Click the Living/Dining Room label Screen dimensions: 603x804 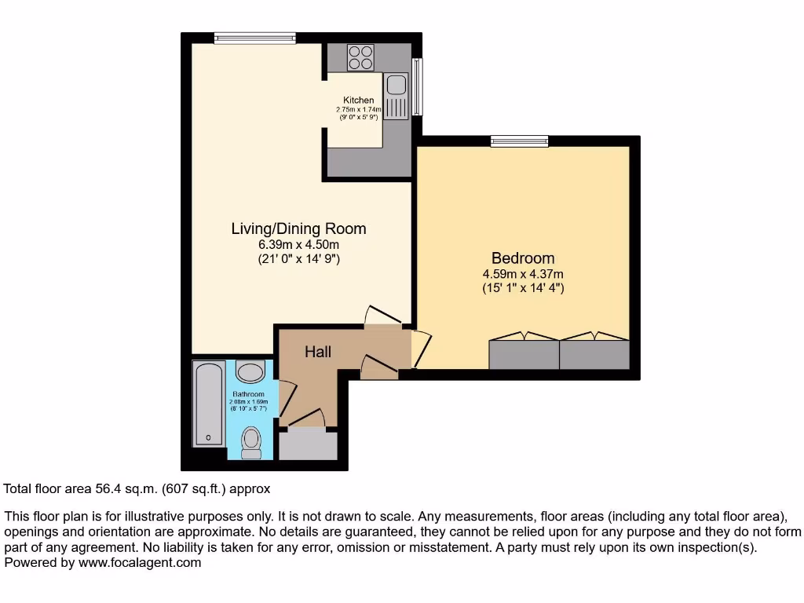pos(298,229)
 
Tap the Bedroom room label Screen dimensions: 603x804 pos(523,258)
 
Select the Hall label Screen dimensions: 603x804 pos(318,353)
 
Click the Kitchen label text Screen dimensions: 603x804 pos(358,100)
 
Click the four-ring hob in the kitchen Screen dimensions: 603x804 pos(360,57)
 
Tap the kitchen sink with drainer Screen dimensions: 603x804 pos(396,95)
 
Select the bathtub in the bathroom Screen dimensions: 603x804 pos(209,404)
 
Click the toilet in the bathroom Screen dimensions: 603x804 pos(251,441)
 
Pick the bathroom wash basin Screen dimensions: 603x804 pos(251,371)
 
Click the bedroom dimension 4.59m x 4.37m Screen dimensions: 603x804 pos(523,274)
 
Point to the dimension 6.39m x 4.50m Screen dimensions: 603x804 pos(298,244)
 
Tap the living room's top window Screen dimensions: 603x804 pos(254,37)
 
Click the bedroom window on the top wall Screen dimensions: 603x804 pos(519,141)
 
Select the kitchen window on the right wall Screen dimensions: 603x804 pos(417,86)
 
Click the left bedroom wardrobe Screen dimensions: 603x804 pos(524,354)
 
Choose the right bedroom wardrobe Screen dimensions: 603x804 pos(594,354)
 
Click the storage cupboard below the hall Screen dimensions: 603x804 pos(308,445)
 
